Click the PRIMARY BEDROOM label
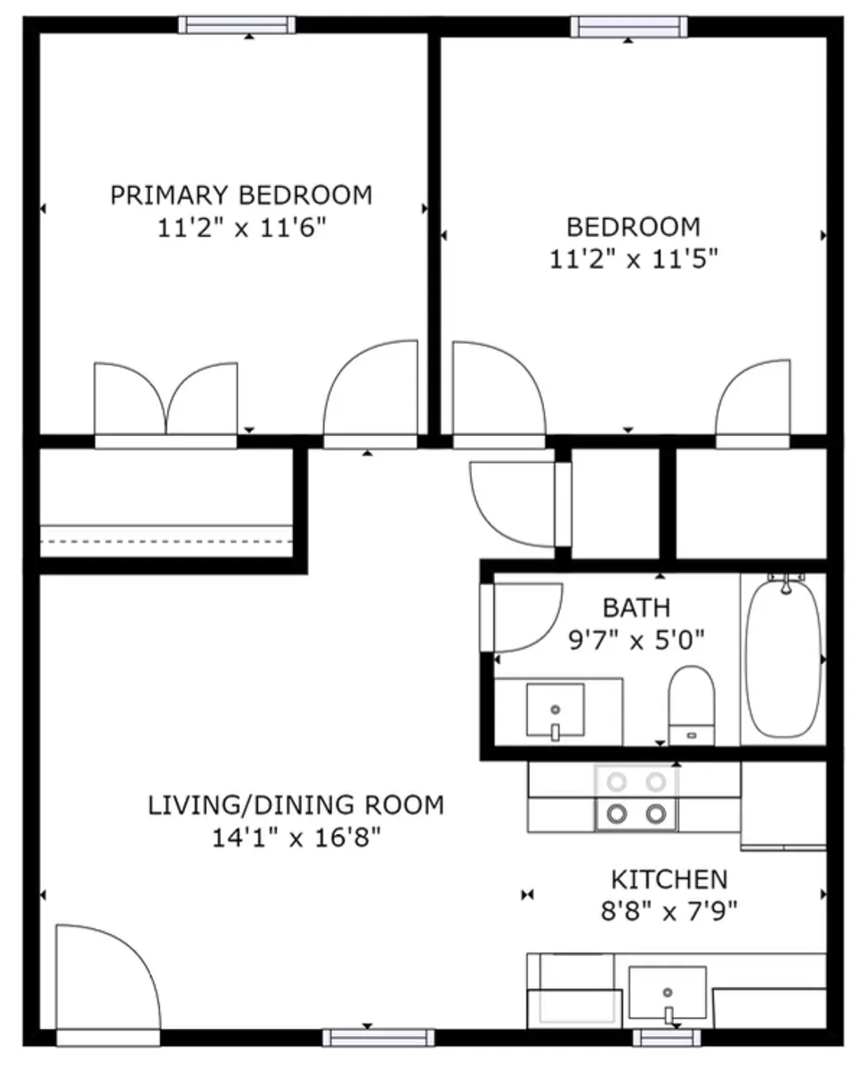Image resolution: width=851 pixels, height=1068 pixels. tap(241, 195)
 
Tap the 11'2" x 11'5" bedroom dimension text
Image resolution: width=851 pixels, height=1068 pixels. tap(634, 259)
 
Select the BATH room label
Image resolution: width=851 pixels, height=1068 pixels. tap(636, 608)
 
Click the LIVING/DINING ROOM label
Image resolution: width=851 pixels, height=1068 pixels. tap(296, 805)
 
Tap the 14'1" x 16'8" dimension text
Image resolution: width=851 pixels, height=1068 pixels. tap(296, 837)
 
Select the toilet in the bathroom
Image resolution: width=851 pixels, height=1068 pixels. tap(692, 706)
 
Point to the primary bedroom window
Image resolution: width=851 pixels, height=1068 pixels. tap(237, 25)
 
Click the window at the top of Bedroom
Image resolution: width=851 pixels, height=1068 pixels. tap(628, 27)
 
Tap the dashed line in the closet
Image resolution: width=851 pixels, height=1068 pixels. tap(166, 541)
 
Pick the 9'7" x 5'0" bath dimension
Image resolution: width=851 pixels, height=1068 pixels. tap(636, 641)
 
